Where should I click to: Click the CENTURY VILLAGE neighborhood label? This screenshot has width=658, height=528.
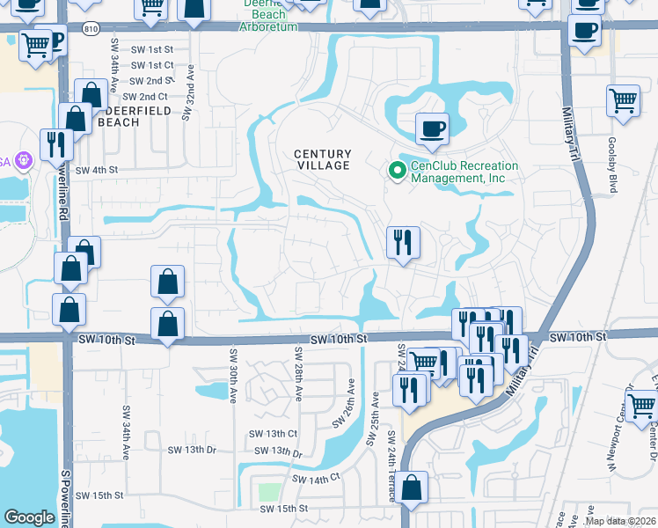pyautogui.click(x=322, y=159)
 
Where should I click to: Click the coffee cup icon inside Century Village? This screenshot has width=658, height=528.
pyautogui.click(x=431, y=129)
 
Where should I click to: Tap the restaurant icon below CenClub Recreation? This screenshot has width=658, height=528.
pyautogui.click(x=402, y=241)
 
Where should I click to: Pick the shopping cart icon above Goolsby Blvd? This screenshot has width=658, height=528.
pyautogui.click(x=623, y=100)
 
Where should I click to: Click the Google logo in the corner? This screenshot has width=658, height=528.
pyautogui.click(x=29, y=517)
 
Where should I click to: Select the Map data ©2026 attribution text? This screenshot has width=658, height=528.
pyautogui.click(x=620, y=521)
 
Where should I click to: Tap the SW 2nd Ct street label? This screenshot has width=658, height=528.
pyautogui.click(x=145, y=96)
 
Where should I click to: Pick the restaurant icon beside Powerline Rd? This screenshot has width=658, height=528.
pyautogui.click(x=55, y=144)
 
